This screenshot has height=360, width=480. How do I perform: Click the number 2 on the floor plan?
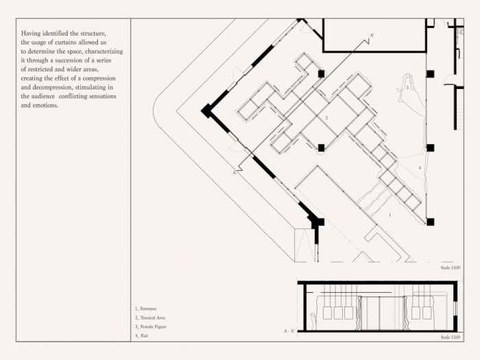coord(326,119)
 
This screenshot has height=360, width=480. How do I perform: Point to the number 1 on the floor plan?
coord(389,215)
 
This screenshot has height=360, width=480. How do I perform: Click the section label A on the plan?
coord(235,174)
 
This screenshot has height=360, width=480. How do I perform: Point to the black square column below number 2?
coord(320,147)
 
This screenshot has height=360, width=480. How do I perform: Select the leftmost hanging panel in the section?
coord(328,313)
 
